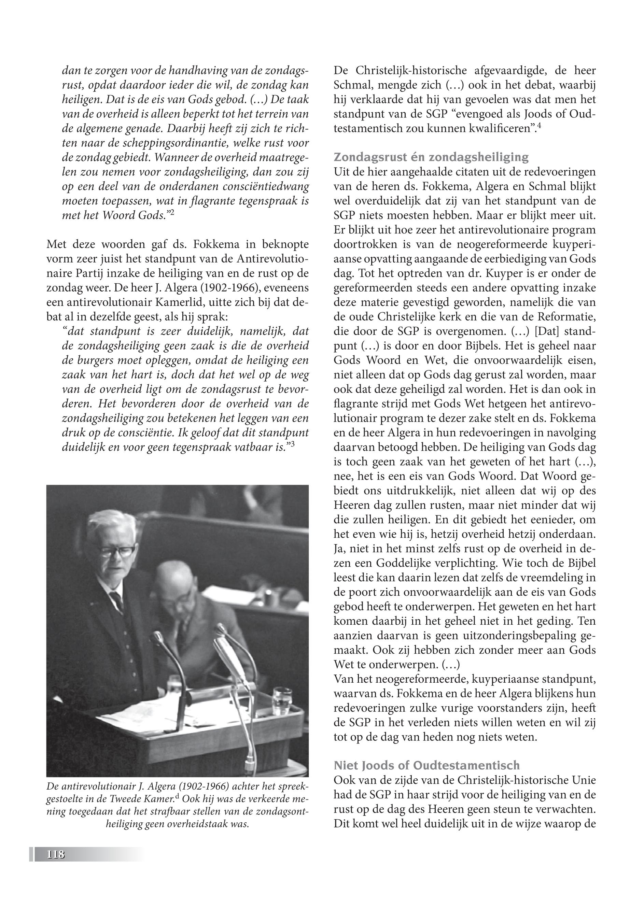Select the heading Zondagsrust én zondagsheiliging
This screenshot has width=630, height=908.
431,157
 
